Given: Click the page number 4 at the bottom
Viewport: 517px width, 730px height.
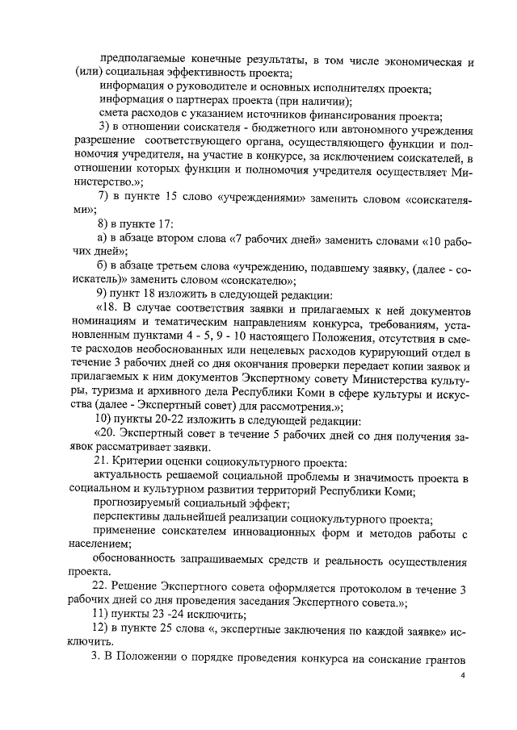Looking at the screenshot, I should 464,676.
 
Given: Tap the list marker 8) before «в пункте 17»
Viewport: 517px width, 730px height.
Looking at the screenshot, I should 103,223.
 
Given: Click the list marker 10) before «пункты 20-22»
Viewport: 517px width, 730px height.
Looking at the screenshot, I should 106,419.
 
